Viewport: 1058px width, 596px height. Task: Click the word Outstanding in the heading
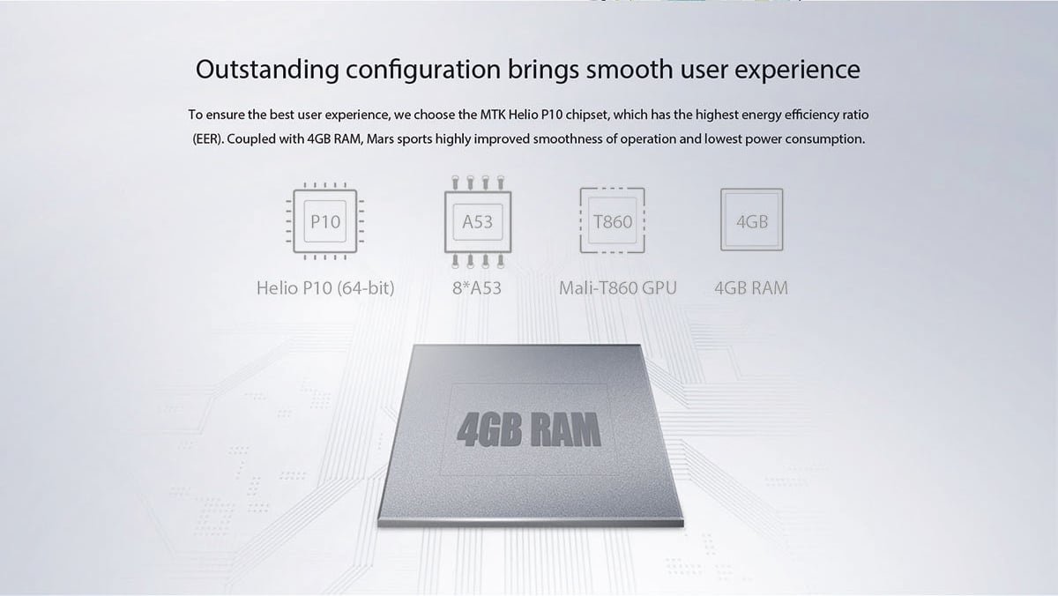click(267, 70)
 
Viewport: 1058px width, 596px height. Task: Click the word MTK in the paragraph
click(493, 115)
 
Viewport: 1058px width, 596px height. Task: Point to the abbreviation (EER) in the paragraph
click(207, 139)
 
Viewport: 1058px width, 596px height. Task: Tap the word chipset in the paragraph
click(586, 115)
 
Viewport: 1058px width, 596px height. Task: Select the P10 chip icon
click(325, 221)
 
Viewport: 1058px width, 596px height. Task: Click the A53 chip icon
click(478, 222)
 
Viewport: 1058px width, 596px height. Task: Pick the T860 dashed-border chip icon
click(612, 220)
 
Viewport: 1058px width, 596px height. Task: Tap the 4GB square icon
click(751, 220)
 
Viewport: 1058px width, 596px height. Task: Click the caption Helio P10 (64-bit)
click(325, 288)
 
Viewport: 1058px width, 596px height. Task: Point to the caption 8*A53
click(477, 288)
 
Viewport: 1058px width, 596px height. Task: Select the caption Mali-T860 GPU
click(618, 288)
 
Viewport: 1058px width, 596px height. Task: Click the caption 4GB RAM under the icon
click(751, 288)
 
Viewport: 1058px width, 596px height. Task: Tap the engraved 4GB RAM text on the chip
click(529, 429)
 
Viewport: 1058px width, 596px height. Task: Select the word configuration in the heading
click(423, 71)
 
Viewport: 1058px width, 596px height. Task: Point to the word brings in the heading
click(543, 71)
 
